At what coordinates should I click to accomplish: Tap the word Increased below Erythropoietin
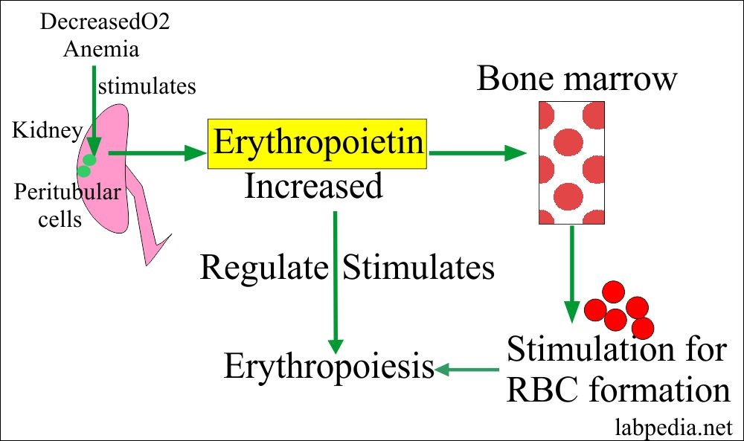[x=313, y=186]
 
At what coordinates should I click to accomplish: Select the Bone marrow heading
[x=577, y=78]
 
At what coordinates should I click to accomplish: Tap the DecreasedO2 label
[x=105, y=22]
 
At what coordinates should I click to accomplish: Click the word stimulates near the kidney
[x=147, y=86]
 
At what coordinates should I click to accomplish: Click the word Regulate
[x=264, y=267]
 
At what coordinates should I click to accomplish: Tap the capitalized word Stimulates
[x=418, y=267]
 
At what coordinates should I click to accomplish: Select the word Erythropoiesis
[x=329, y=367]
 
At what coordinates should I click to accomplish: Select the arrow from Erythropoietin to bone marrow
[x=478, y=154]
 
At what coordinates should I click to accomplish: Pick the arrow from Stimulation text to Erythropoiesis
[x=466, y=368]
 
